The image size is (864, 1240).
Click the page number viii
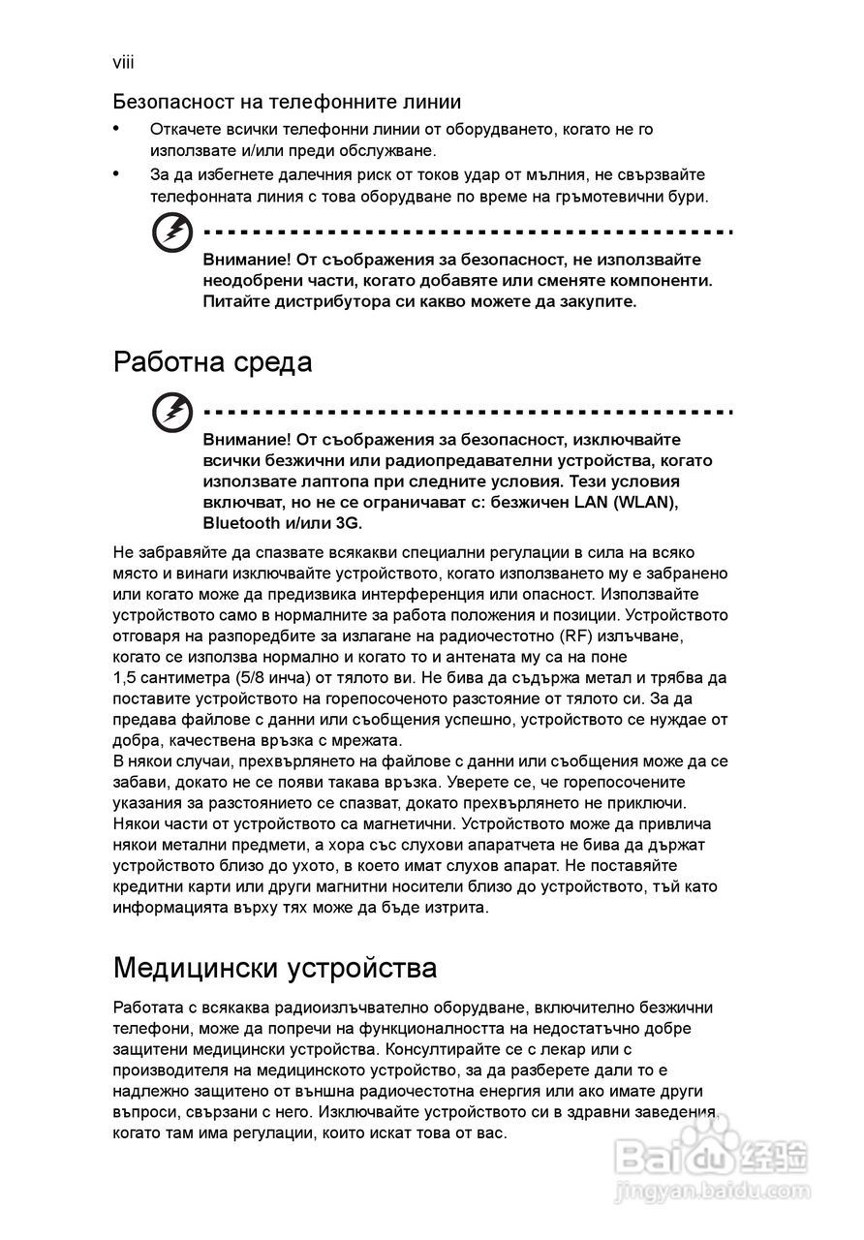coord(123,63)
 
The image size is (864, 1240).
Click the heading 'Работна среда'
coord(212,363)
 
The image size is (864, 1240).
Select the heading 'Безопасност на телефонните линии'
coord(286,102)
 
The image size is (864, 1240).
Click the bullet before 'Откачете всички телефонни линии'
coord(117,128)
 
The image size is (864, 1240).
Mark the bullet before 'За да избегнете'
coord(117,174)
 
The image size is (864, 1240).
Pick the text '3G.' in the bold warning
coord(345,523)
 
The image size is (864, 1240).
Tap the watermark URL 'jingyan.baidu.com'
coord(711,1190)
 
